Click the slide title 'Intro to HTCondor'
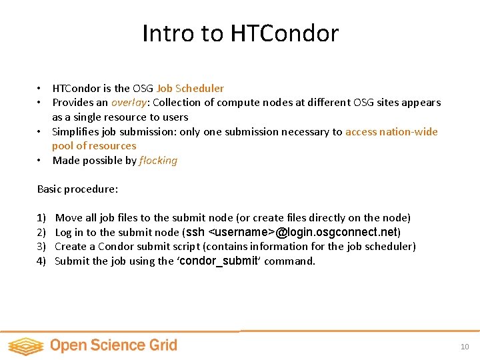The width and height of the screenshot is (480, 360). pyautogui.click(x=240, y=33)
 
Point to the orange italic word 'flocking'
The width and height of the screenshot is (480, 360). pyautogui.click(x=158, y=161)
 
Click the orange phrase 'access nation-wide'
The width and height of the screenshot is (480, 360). pyautogui.click(x=391, y=131)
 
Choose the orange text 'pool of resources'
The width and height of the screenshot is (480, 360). pyautogui.click(x=94, y=146)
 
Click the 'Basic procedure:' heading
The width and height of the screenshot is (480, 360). pyautogui.click(x=77, y=189)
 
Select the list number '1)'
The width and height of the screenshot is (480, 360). pyautogui.click(x=42, y=218)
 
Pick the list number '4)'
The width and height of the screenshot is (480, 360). pyautogui.click(x=42, y=261)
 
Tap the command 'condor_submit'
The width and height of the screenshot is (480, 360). pyautogui.click(x=218, y=261)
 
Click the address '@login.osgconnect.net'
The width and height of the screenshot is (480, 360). pyautogui.click(x=337, y=232)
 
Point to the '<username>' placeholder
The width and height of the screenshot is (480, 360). pyautogui.click(x=241, y=232)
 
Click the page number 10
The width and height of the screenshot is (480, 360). pyautogui.click(x=465, y=347)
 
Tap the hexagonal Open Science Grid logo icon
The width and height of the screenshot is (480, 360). pyautogui.click(x=25, y=345)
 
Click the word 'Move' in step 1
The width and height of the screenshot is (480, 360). pyautogui.click(x=68, y=218)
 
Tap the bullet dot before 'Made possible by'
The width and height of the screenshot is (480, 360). pyautogui.click(x=40, y=161)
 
